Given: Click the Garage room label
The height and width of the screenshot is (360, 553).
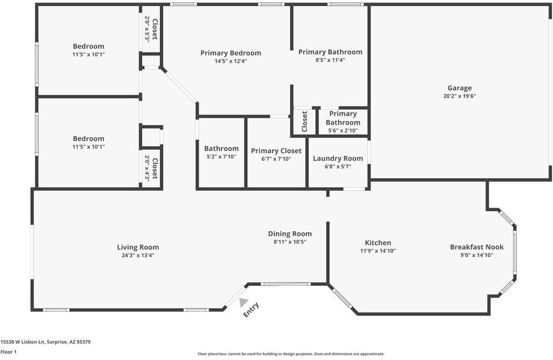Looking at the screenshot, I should pyautogui.click(x=459, y=88).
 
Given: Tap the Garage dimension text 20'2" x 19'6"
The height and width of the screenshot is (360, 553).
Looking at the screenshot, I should pyautogui.click(x=459, y=96).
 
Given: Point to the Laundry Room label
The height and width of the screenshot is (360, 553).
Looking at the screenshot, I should pyautogui.click(x=338, y=158).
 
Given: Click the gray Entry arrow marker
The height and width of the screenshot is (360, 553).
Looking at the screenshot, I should pyautogui.click(x=243, y=302).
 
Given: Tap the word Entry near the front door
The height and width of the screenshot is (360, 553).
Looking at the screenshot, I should pyautogui.click(x=251, y=309).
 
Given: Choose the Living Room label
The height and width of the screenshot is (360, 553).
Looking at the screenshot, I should pyautogui.click(x=138, y=247).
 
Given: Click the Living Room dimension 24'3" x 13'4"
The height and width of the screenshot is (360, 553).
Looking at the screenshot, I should pyautogui.click(x=138, y=255).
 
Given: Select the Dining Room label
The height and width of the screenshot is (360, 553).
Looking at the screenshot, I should pyautogui.click(x=289, y=234).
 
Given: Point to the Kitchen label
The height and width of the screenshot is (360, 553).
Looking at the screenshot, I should pyautogui.click(x=378, y=243).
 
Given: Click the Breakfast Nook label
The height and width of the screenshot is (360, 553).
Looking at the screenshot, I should pyautogui.click(x=477, y=247).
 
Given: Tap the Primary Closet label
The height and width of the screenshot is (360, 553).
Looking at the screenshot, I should pyautogui.click(x=276, y=151).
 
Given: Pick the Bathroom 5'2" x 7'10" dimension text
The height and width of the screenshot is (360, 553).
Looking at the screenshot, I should pyautogui.click(x=221, y=157).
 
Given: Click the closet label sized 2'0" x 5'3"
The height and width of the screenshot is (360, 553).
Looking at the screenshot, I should pyautogui.click(x=155, y=28).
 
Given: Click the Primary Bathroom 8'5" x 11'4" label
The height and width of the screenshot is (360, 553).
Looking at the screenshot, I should pyautogui.click(x=330, y=52).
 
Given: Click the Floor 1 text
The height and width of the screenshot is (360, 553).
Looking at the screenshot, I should pyautogui.click(x=8, y=352).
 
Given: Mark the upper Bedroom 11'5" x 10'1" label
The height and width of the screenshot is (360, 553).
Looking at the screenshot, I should pyautogui.click(x=88, y=46).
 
